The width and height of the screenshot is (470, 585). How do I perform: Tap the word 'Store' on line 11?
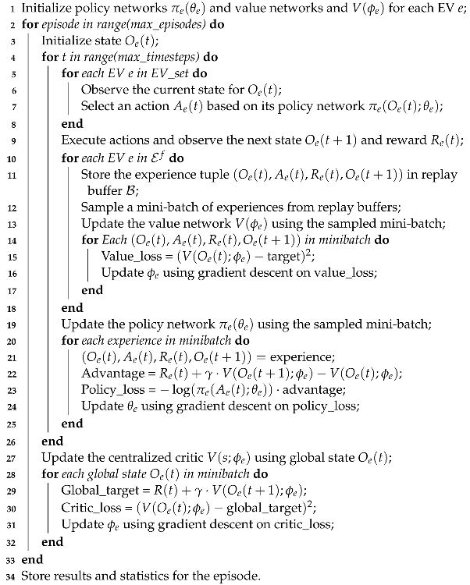pyautogui.click(x=96, y=175)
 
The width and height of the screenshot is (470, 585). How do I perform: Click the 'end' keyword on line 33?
pyautogui.click(x=32, y=559)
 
